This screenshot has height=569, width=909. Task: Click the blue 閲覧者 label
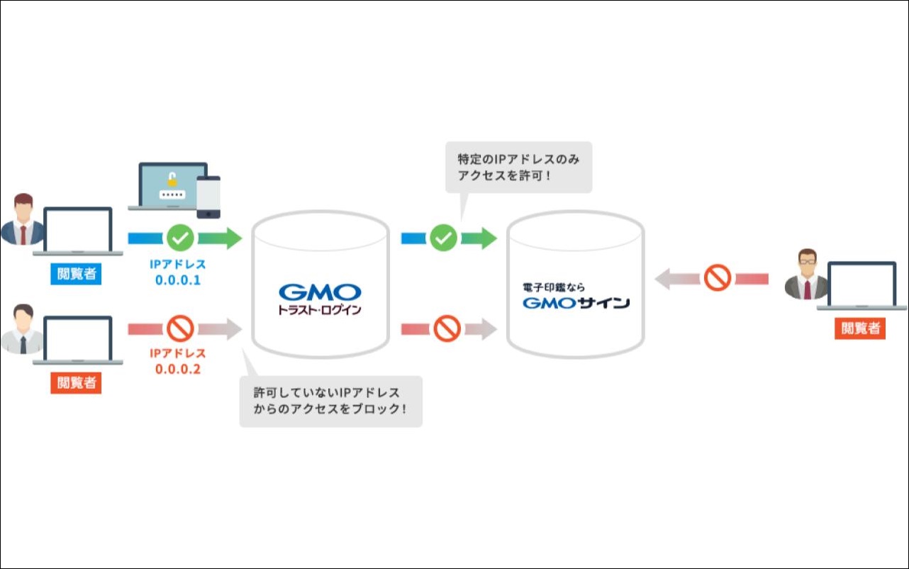click(x=76, y=274)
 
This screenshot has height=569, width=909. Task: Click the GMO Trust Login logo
click(x=320, y=299)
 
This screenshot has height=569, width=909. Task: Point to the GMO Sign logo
click(x=576, y=297)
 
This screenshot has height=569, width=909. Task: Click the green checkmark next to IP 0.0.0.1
click(x=180, y=238)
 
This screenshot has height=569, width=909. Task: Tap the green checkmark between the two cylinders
click(x=444, y=238)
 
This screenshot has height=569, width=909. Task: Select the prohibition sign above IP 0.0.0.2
click(x=180, y=328)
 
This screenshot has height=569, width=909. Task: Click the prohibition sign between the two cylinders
click(x=447, y=328)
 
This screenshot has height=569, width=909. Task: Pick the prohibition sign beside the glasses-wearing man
click(x=718, y=278)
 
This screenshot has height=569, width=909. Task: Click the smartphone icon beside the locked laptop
click(x=208, y=197)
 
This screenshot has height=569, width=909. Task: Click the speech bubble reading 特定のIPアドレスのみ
click(x=518, y=167)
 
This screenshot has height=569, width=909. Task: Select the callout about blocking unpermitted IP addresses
click(x=330, y=401)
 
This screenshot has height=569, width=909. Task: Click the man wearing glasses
click(x=806, y=274)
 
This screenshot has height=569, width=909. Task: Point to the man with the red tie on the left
click(x=23, y=219)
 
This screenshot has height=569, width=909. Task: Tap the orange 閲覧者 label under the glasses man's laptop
click(x=859, y=328)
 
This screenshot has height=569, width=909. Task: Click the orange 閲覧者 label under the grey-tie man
click(x=76, y=383)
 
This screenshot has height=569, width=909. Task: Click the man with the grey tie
click(x=23, y=330)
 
